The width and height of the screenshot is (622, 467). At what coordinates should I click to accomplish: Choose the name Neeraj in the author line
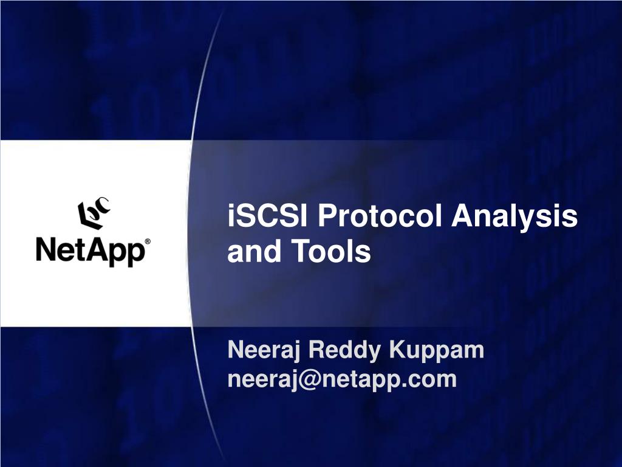click(x=264, y=351)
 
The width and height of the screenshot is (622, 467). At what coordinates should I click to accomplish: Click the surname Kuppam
click(x=437, y=351)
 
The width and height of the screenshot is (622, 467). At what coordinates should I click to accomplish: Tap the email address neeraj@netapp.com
click(x=341, y=379)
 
